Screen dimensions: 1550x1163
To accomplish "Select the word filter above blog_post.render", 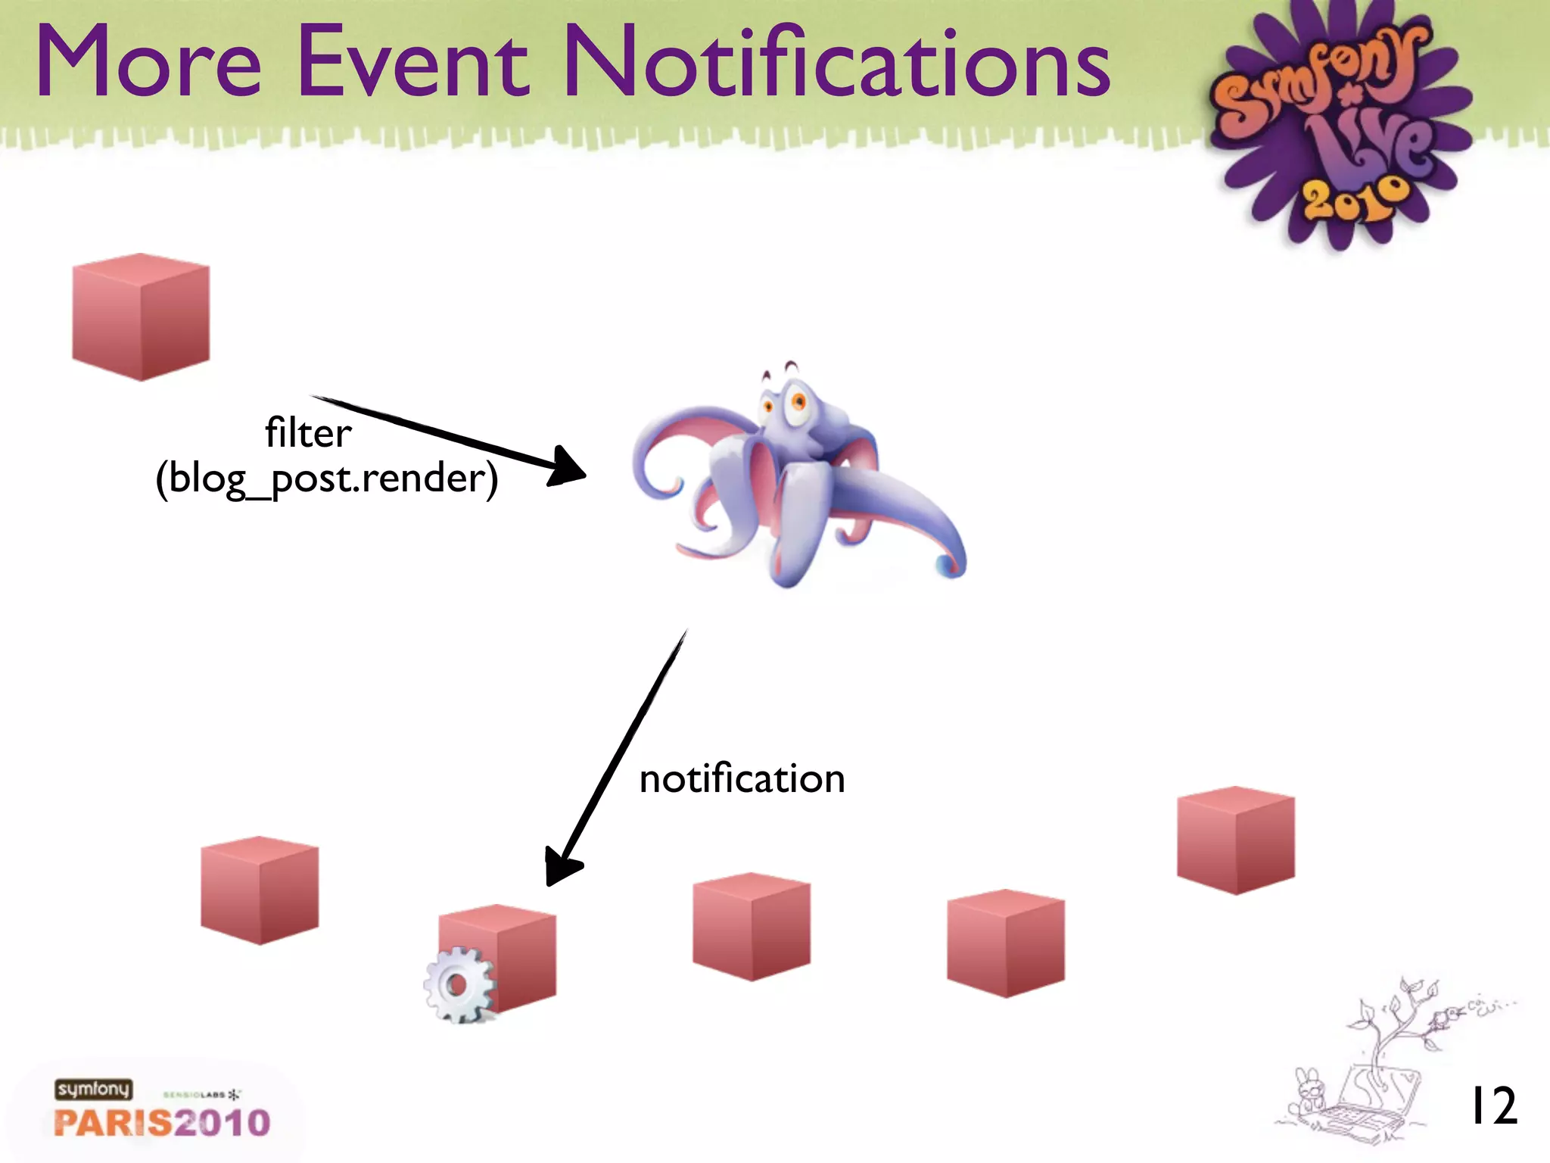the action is [x=308, y=433].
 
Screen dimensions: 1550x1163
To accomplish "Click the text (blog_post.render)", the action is [x=327, y=479].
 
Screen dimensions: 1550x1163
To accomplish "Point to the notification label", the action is [x=742, y=778].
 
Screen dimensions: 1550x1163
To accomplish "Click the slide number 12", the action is [x=1492, y=1106].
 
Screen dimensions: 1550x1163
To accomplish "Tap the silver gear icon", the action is [x=459, y=985].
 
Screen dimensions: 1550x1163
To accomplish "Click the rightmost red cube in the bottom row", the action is [x=1236, y=840].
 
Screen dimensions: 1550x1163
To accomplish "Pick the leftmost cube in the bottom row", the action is [x=260, y=890].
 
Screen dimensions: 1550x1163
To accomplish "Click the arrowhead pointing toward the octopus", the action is [x=568, y=466].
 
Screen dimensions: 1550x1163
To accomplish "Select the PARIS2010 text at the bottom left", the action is [x=162, y=1123].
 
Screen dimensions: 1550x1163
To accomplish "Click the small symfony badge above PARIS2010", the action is [x=93, y=1090].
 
